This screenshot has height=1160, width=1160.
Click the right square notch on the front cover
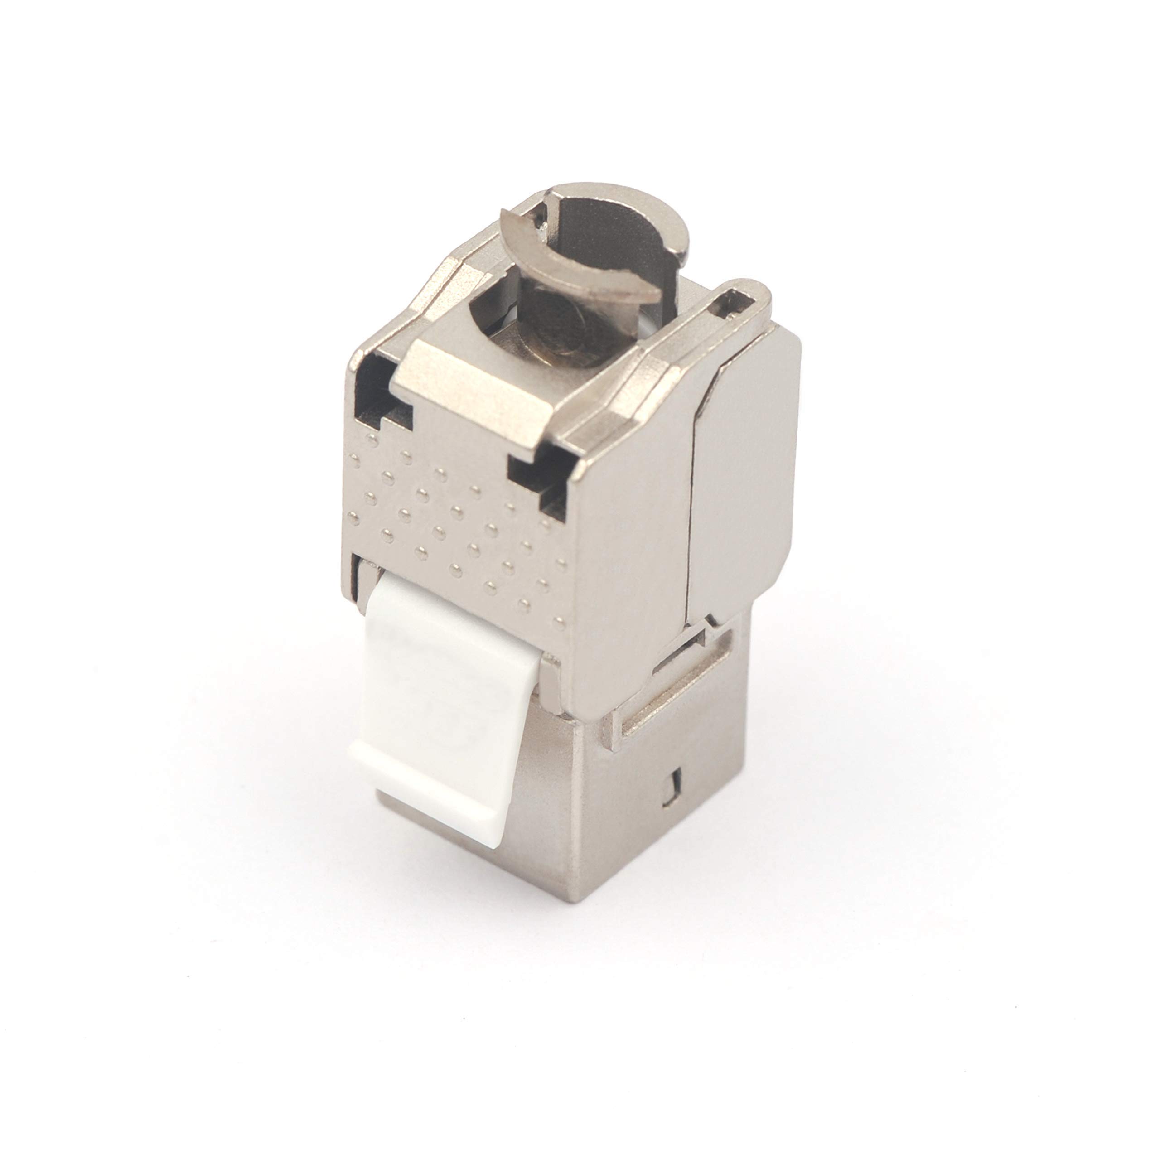pyautogui.click(x=537, y=480)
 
